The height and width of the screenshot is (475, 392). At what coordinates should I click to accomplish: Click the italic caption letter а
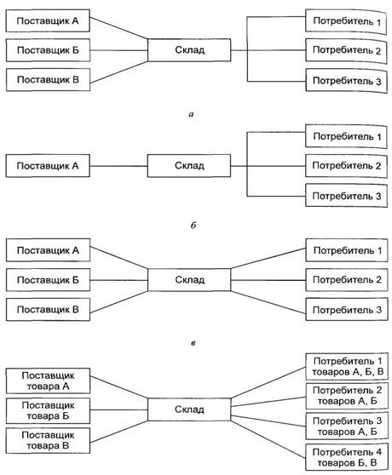tap(191, 115)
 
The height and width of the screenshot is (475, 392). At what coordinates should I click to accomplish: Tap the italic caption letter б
tap(193, 225)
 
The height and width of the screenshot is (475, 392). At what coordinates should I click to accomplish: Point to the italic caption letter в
tap(193, 343)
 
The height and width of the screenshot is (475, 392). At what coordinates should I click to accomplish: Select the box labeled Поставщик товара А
tap(48, 381)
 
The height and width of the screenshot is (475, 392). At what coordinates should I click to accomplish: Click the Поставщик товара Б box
tap(48, 410)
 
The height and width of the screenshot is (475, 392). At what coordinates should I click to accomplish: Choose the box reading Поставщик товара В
tap(48, 440)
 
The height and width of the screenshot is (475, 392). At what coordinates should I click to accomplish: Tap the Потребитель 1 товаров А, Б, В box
tap(347, 366)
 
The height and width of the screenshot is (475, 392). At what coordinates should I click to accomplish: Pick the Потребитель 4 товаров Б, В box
tap(347, 457)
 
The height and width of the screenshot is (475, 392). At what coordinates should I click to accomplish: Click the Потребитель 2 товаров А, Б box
tap(347, 396)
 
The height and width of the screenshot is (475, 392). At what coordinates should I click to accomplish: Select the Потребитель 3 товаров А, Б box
tap(347, 426)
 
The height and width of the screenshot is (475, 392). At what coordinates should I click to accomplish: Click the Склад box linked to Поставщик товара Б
tap(189, 409)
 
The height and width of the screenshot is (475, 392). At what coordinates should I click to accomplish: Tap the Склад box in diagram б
tap(189, 166)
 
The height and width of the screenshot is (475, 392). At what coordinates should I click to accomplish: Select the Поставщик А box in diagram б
tap(48, 166)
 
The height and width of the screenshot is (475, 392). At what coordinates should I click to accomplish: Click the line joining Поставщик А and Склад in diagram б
tap(118, 166)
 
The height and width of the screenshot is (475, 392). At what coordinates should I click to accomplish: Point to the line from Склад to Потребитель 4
tap(268, 439)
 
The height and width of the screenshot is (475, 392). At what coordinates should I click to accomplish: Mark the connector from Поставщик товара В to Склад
tap(118, 432)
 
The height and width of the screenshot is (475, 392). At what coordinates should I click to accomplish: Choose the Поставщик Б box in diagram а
tap(48, 50)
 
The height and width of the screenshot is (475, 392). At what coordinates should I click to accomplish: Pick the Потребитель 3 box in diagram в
tap(347, 310)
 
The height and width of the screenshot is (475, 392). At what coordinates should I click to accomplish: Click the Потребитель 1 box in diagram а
tap(346, 21)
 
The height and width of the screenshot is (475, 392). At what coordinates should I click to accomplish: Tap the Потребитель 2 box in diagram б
tap(346, 166)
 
